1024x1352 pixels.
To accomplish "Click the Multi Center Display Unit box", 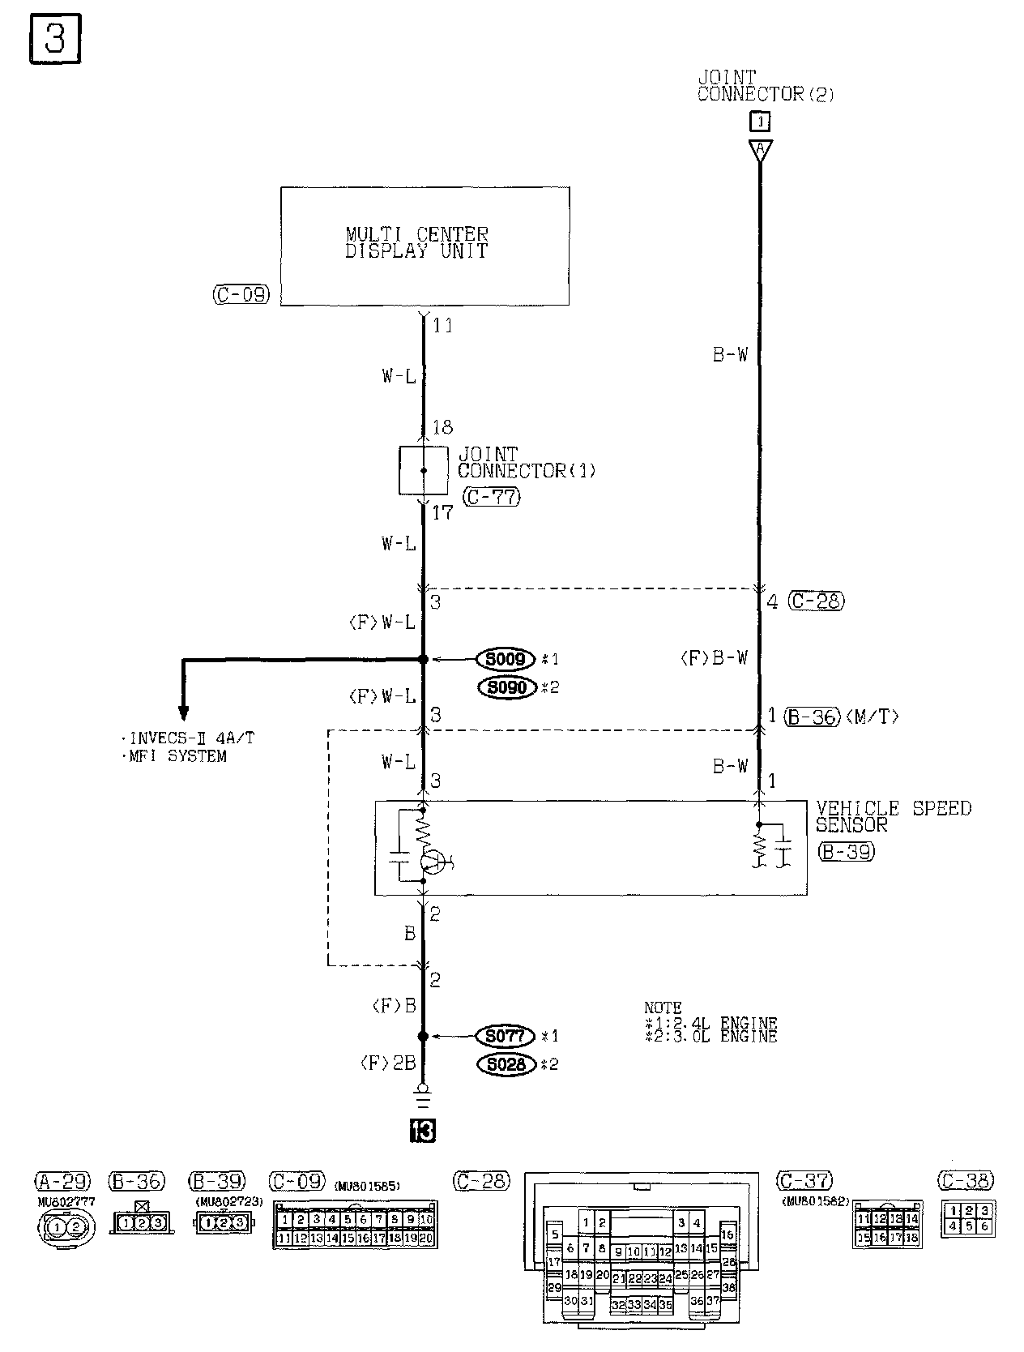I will tap(425, 246).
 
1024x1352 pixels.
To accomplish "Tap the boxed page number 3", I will tap(55, 38).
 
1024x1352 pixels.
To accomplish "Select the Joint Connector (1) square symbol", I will tap(423, 470).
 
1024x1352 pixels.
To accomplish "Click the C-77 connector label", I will tap(491, 497).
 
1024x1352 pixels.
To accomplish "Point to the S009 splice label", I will tap(506, 659).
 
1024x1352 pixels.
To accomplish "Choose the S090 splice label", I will tap(506, 687).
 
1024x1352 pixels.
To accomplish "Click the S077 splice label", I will tap(506, 1036).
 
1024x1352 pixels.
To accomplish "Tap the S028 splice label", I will tap(506, 1064).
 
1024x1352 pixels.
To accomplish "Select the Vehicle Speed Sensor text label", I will tap(893, 816).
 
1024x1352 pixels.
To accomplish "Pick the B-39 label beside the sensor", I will tap(846, 852).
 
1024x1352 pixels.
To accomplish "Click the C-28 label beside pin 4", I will tap(815, 601).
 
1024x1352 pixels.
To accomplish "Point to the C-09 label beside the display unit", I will tap(241, 295).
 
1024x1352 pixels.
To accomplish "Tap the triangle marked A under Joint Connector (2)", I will tap(760, 150).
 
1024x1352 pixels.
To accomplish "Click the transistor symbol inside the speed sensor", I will tap(435, 862).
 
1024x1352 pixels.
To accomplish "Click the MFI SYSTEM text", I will tap(173, 756).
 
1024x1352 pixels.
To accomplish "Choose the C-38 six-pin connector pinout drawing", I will tap(968, 1219).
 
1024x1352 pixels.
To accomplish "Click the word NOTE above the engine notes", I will tap(663, 1008).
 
